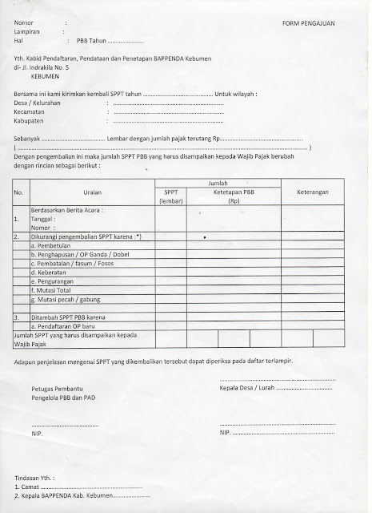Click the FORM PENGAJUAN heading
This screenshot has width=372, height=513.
pos(309,24)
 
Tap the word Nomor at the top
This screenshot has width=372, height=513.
pos(26,24)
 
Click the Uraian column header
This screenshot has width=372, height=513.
pos(92,192)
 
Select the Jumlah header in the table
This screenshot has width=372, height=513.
pos(218,183)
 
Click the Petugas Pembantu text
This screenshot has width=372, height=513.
pos(58,388)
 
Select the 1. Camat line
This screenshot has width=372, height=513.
pos(29,486)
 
